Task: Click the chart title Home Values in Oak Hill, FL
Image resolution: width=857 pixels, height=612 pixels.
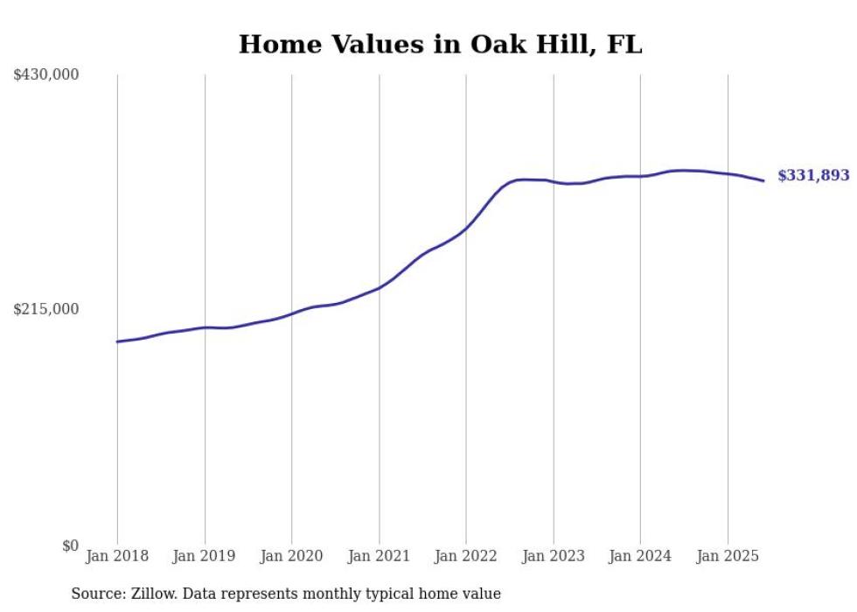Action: pos(440,45)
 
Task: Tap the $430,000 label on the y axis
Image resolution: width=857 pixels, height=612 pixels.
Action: pos(46,75)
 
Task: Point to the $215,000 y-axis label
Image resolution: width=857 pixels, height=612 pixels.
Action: pos(46,309)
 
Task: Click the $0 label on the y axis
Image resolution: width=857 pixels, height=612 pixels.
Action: pos(70,545)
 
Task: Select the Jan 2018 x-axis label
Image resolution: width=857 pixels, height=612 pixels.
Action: pos(117,556)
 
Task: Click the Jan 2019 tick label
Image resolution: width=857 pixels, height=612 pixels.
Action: pos(205,556)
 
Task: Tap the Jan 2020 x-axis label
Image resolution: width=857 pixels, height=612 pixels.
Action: pos(292,556)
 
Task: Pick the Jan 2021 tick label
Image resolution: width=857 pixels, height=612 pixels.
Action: pos(380,556)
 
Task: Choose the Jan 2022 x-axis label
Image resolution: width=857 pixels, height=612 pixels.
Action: pos(466,556)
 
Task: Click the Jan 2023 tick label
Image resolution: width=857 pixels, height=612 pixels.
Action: pos(554,556)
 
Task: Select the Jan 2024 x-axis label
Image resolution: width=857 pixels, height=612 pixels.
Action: pos(640,556)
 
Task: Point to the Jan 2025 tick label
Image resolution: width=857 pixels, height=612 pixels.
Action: pos(728,556)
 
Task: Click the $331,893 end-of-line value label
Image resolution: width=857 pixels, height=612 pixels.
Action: pos(813,176)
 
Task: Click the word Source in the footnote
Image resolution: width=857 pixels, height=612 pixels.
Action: pos(95,594)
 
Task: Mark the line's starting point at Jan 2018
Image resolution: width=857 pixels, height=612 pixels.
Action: pos(117,341)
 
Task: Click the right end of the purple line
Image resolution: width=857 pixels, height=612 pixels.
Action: pos(764,181)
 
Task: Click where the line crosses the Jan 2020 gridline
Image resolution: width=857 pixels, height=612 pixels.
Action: pos(292,313)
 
